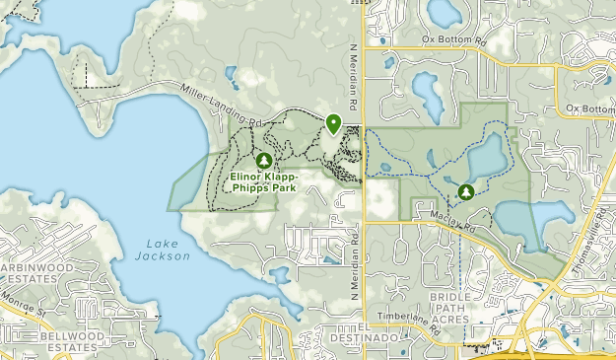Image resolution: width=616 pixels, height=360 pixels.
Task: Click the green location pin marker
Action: (333, 123)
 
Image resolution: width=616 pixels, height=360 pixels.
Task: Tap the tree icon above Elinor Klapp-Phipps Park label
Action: (263, 160)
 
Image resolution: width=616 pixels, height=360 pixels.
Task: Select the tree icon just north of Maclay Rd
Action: (465, 190)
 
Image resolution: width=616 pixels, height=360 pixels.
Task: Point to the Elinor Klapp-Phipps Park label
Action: (263, 181)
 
